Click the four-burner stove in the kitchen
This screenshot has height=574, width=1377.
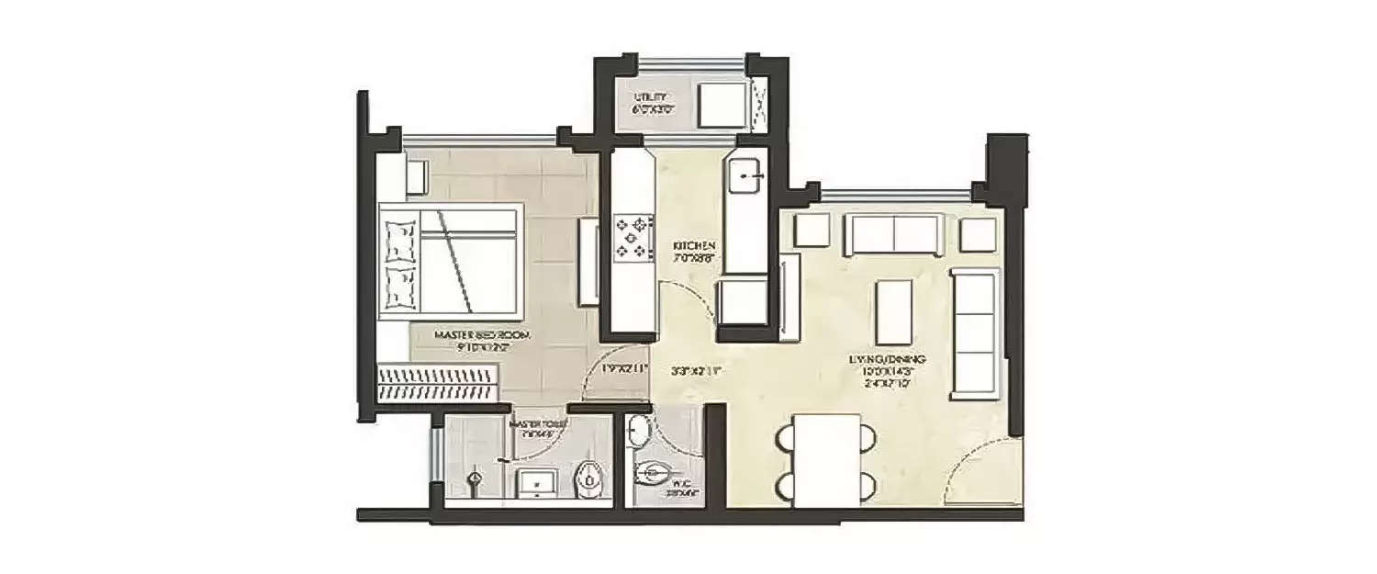pos(633,236)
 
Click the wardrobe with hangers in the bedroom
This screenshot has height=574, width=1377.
pos(439,381)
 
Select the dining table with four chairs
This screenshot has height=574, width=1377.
pos(827,459)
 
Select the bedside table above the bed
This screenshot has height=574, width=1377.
pos(415,175)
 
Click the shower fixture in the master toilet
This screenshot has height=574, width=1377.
pos(475,480)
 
